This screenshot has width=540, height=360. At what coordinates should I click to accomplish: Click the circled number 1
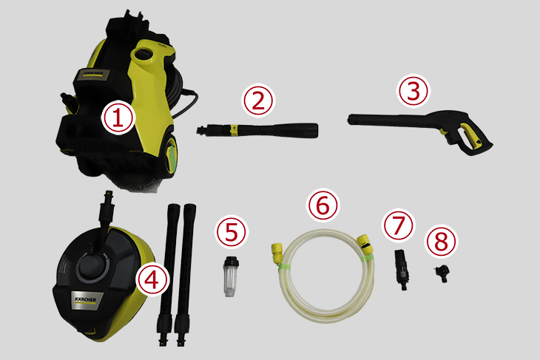pos(118,118)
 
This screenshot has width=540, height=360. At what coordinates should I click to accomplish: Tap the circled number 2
pos(258,100)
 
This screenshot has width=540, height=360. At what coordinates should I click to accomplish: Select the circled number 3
pos(414,91)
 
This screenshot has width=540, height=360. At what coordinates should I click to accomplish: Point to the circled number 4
pos(152,279)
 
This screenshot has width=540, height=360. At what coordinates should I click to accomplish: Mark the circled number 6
pos(323,205)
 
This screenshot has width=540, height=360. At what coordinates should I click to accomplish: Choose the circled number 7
pos(399,225)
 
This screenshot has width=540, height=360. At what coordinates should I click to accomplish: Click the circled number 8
pos(442,241)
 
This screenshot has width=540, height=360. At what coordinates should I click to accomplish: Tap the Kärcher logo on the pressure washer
pos(93,75)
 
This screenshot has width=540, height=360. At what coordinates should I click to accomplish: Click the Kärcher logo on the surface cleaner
pos(85,299)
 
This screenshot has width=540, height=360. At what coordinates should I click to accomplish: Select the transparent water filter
pos(230,276)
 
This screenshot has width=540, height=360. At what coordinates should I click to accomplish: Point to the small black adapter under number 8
pos(442,274)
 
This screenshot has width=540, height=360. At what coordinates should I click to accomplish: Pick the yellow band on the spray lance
pos(234,129)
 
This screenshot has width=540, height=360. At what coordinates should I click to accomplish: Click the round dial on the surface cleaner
pos(93,266)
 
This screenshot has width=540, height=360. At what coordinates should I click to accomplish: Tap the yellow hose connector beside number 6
pos(365,244)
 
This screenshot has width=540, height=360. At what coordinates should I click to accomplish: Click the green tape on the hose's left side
pos(285,266)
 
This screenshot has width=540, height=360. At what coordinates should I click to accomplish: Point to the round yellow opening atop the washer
pos(144,55)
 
